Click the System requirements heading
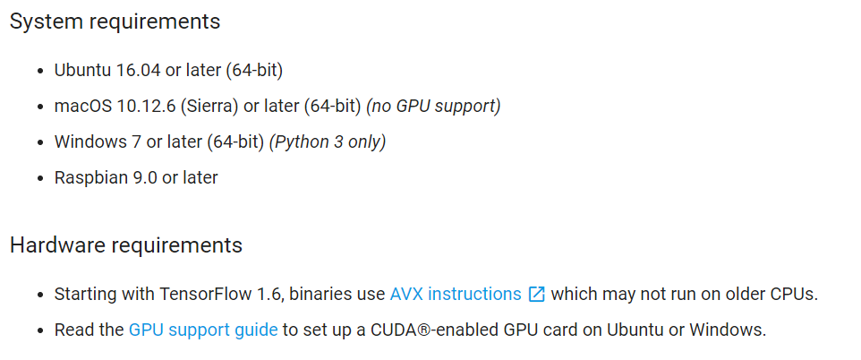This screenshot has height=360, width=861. click(115, 21)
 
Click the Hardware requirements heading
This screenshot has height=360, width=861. click(125, 245)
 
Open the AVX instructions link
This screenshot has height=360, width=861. click(456, 294)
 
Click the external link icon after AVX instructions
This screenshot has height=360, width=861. click(537, 294)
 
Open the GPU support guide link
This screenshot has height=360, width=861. click(203, 330)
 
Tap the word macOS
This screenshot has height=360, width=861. click(82, 106)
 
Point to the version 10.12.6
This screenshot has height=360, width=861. click(145, 106)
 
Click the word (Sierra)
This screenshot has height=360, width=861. click(209, 106)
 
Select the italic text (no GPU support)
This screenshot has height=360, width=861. click(433, 106)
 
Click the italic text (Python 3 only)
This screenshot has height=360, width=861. click(328, 141)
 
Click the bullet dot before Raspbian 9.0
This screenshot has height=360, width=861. click(40, 178)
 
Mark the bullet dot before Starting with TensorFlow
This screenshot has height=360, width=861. click(40, 295)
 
